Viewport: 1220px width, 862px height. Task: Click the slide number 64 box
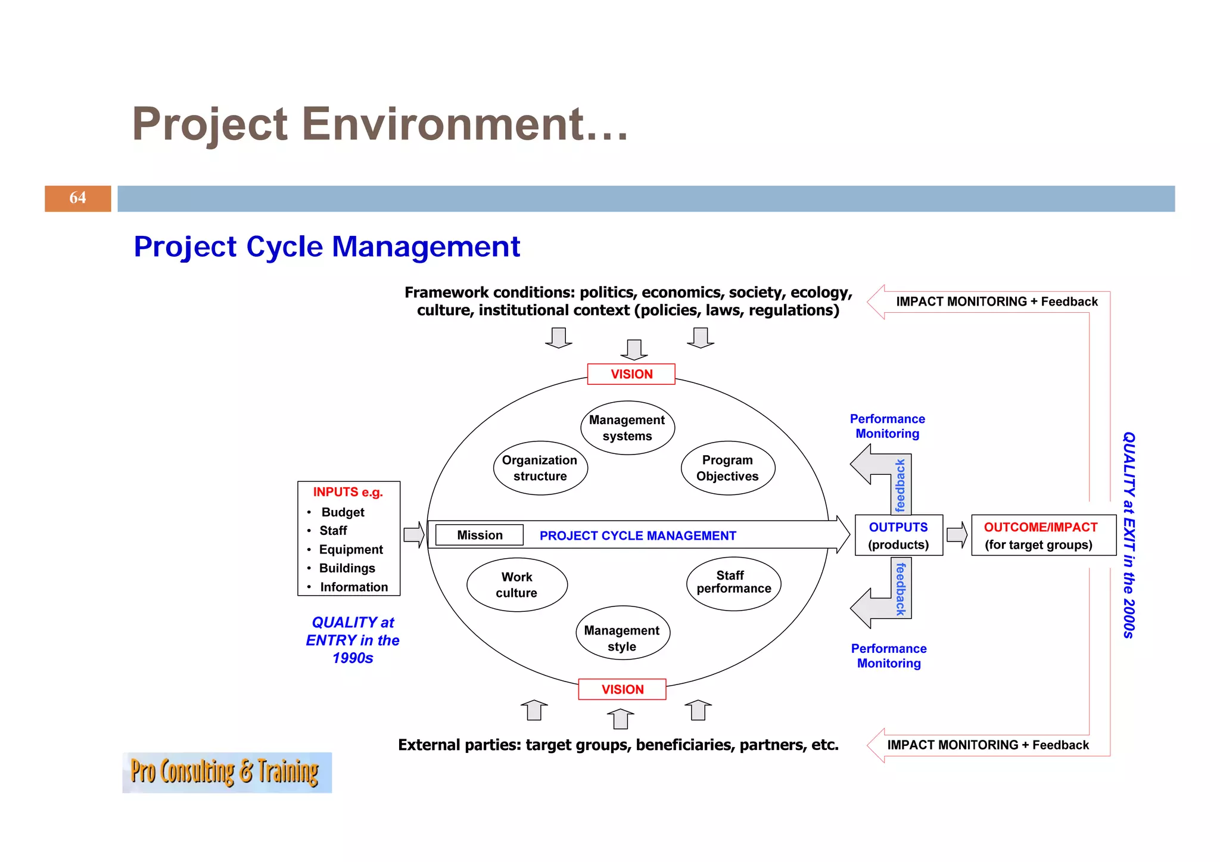click(x=77, y=198)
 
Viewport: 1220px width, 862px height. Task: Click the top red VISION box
click(x=631, y=374)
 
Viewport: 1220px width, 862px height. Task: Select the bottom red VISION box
click(x=622, y=689)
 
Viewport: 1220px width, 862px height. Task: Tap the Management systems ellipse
click(x=627, y=428)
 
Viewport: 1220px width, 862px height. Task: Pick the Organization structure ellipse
click(x=540, y=468)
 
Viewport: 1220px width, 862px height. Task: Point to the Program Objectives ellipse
click(x=727, y=468)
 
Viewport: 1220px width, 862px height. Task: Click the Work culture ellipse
click(x=516, y=585)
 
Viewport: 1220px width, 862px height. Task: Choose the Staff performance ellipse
click(x=733, y=583)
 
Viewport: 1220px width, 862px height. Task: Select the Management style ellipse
click(x=622, y=639)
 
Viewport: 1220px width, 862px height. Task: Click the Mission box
click(x=480, y=535)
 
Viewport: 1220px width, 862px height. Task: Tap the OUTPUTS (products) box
click(x=898, y=536)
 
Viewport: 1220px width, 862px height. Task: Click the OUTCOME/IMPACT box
click(x=1043, y=536)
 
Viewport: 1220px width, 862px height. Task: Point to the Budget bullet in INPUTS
click(x=342, y=512)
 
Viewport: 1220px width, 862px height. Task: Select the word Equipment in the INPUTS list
click(x=351, y=549)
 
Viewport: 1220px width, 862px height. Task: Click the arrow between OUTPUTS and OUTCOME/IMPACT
click(x=957, y=534)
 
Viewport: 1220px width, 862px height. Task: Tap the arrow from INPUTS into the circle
click(x=413, y=534)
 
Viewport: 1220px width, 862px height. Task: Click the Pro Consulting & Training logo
click(x=226, y=772)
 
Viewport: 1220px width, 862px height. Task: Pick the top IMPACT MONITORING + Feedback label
click(x=996, y=301)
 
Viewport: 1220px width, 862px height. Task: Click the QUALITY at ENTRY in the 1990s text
click(x=353, y=640)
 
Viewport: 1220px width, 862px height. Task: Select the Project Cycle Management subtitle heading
click(x=326, y=247)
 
